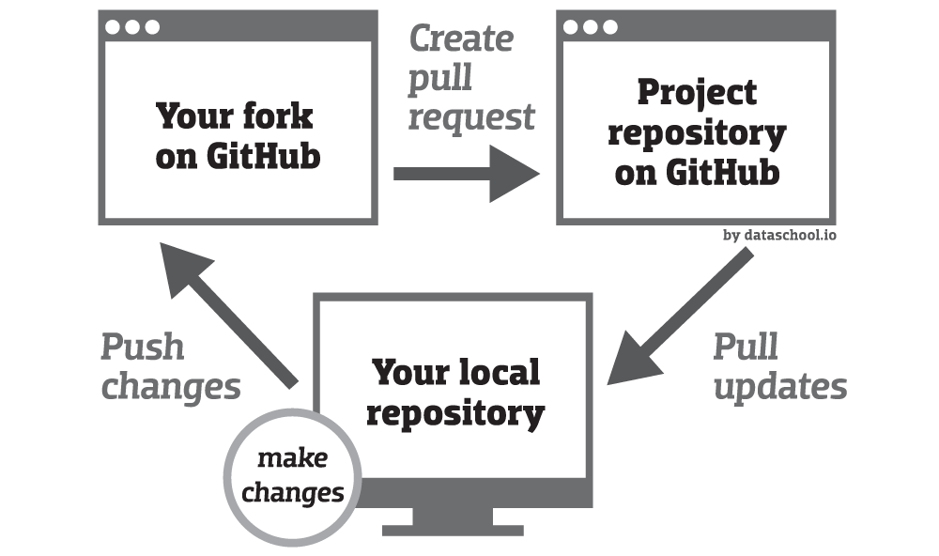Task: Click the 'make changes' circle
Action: tap(292, 475)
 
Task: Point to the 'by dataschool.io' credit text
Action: tap(779, 235)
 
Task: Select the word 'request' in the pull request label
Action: tap(470, 117)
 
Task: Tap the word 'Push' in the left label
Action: tap(142, 347)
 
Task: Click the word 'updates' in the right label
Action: tap(780, 386)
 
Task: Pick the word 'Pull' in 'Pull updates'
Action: tap(746, 347)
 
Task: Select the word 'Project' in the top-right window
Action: tap(697, 92)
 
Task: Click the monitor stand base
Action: tap(453, 530)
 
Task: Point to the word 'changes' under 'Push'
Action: tap(170, 386)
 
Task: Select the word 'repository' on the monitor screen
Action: tap(455, 412)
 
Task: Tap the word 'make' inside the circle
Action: tap(292, 458)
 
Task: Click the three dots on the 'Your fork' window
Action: tap(131, 26)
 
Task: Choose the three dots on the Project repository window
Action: tap(590, 26)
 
